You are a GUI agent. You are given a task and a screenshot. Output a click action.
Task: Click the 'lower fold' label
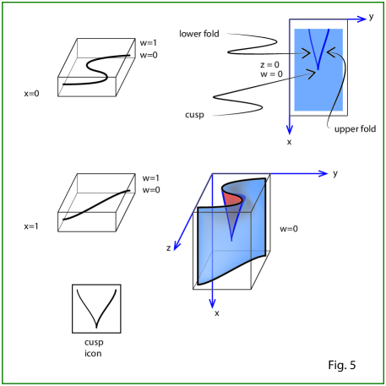[199, 34]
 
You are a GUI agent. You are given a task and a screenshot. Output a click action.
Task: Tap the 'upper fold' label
[355, 129]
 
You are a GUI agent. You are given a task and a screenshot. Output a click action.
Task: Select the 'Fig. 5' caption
[342, 365]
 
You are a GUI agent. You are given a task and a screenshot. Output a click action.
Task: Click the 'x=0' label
[31, 94]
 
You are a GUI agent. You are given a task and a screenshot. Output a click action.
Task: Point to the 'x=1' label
[31, 226]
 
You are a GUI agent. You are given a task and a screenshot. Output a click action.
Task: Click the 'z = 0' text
[269, 65]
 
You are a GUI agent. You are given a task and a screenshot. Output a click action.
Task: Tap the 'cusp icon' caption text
[94, 348]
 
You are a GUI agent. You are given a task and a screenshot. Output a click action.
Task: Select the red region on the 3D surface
[232, 199]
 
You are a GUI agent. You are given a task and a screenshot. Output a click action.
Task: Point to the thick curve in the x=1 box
[95, 205]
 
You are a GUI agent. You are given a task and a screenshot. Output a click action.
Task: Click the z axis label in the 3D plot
[168, 248]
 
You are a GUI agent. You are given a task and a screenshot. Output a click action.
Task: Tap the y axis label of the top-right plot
[371, 17]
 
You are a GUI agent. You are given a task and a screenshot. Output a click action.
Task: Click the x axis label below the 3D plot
[217, 313]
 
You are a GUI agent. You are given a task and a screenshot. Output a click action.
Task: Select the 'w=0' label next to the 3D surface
[289, 229]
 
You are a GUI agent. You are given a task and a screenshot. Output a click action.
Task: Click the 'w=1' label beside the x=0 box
[148, 43]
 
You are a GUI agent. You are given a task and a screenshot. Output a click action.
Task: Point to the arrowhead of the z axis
[177, 246]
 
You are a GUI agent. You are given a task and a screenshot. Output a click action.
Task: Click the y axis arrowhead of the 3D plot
[323, 173]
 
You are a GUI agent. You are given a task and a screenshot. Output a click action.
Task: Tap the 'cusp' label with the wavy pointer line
[194, 115]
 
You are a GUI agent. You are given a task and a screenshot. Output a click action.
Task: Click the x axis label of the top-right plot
[289, 142]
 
